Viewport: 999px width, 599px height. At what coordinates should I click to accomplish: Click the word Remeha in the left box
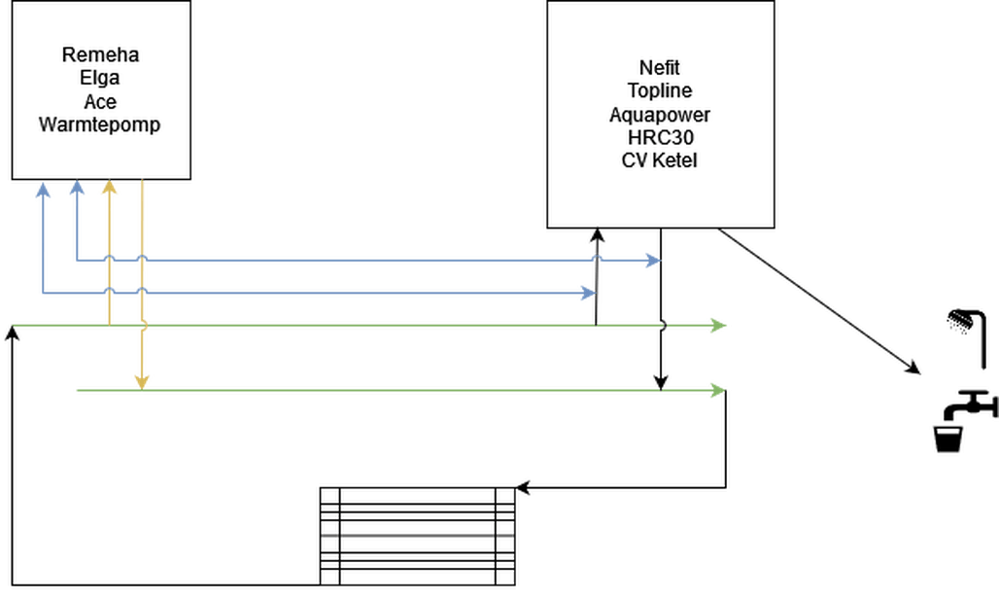(x=100, y=54)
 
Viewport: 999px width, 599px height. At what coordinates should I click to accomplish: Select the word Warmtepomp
(x=100, y=124)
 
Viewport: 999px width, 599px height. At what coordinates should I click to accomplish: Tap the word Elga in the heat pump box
(x=100, y=78)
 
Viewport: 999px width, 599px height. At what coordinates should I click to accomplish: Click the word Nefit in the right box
(x=660, y=68)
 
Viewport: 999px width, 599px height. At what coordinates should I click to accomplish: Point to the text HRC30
(x=660, y=137)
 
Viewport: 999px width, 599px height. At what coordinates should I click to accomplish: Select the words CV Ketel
(x=660, y=160)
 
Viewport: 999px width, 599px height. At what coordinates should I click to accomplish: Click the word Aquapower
(x=660, y=114)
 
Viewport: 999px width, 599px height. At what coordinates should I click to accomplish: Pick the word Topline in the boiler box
(x=660, y=91)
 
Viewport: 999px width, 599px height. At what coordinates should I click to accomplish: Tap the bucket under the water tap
(x=947, y=438)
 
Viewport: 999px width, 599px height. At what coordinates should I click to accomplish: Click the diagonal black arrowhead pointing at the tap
(x=913, y=369)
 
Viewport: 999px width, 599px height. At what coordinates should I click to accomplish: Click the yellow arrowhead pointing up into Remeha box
(x=110, y=187)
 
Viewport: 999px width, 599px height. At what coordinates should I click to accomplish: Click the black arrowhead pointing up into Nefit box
(x=596, y=237)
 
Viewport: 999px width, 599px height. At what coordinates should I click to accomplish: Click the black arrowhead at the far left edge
(x=11, y=333)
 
